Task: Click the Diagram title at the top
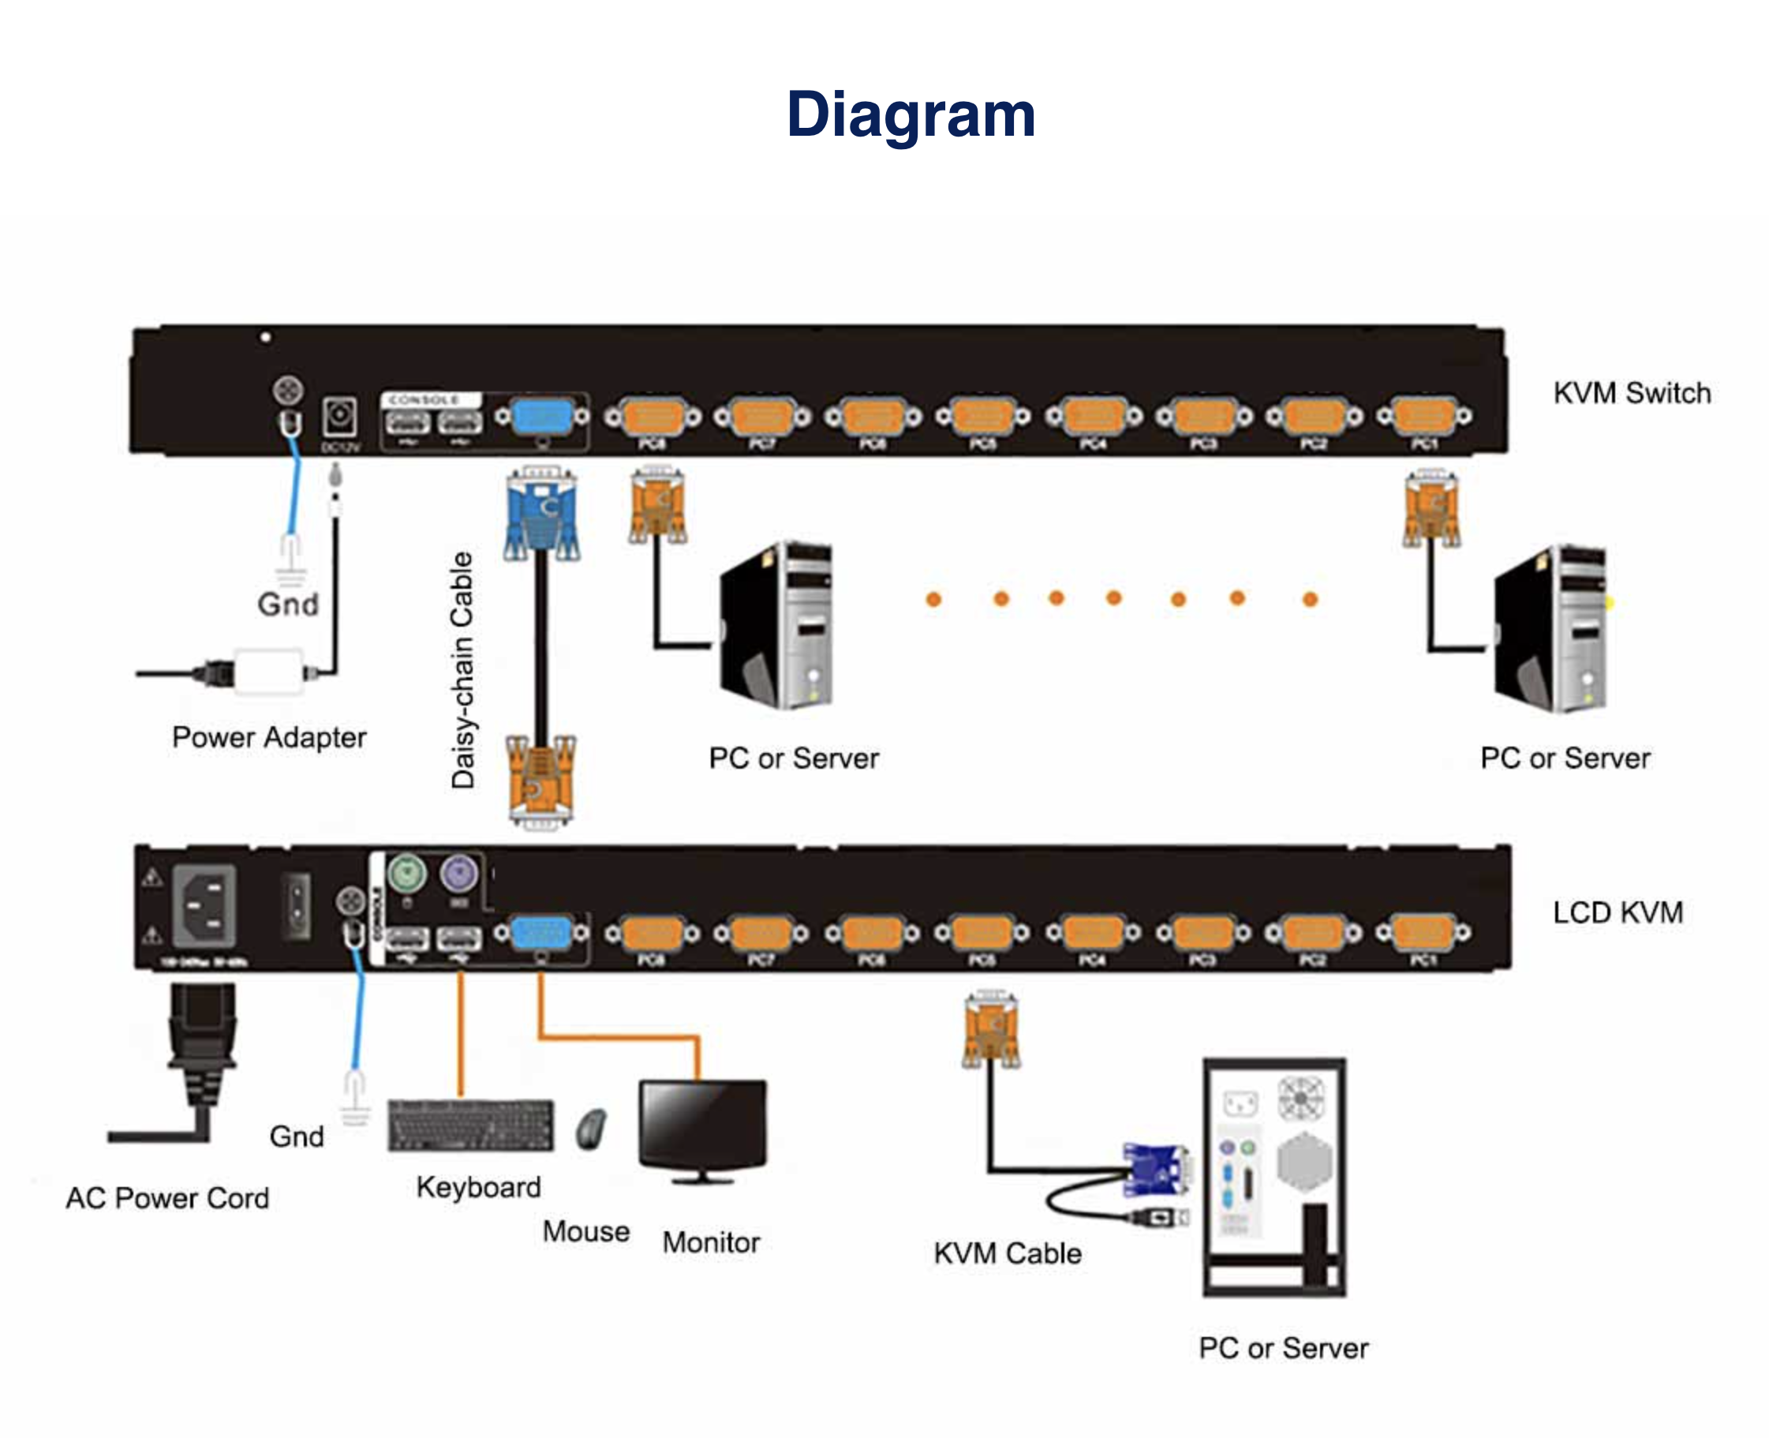(x=911, y=114)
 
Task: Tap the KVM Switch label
(x=1631, y=392)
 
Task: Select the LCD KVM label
(x=1617, y=912)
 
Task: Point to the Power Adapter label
(x=269, y=737)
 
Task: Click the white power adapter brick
(x=268, y=672)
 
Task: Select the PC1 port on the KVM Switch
(x=1423, y=416)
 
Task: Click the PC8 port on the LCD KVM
(x=651, y=934)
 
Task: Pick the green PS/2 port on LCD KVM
(x=406, y=873)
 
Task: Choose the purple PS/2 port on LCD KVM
(x=460, y=873)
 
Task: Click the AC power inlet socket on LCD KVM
(x=204, y=904)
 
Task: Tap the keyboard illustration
(x=470, y=1125)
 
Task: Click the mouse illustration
(x=591, y=1128)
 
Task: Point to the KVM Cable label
(x=1007, y=1253)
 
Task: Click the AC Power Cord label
(x=167, y=1198)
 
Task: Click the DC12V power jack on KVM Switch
(x=339, y=417)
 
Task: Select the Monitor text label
(x=711, y=1242)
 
